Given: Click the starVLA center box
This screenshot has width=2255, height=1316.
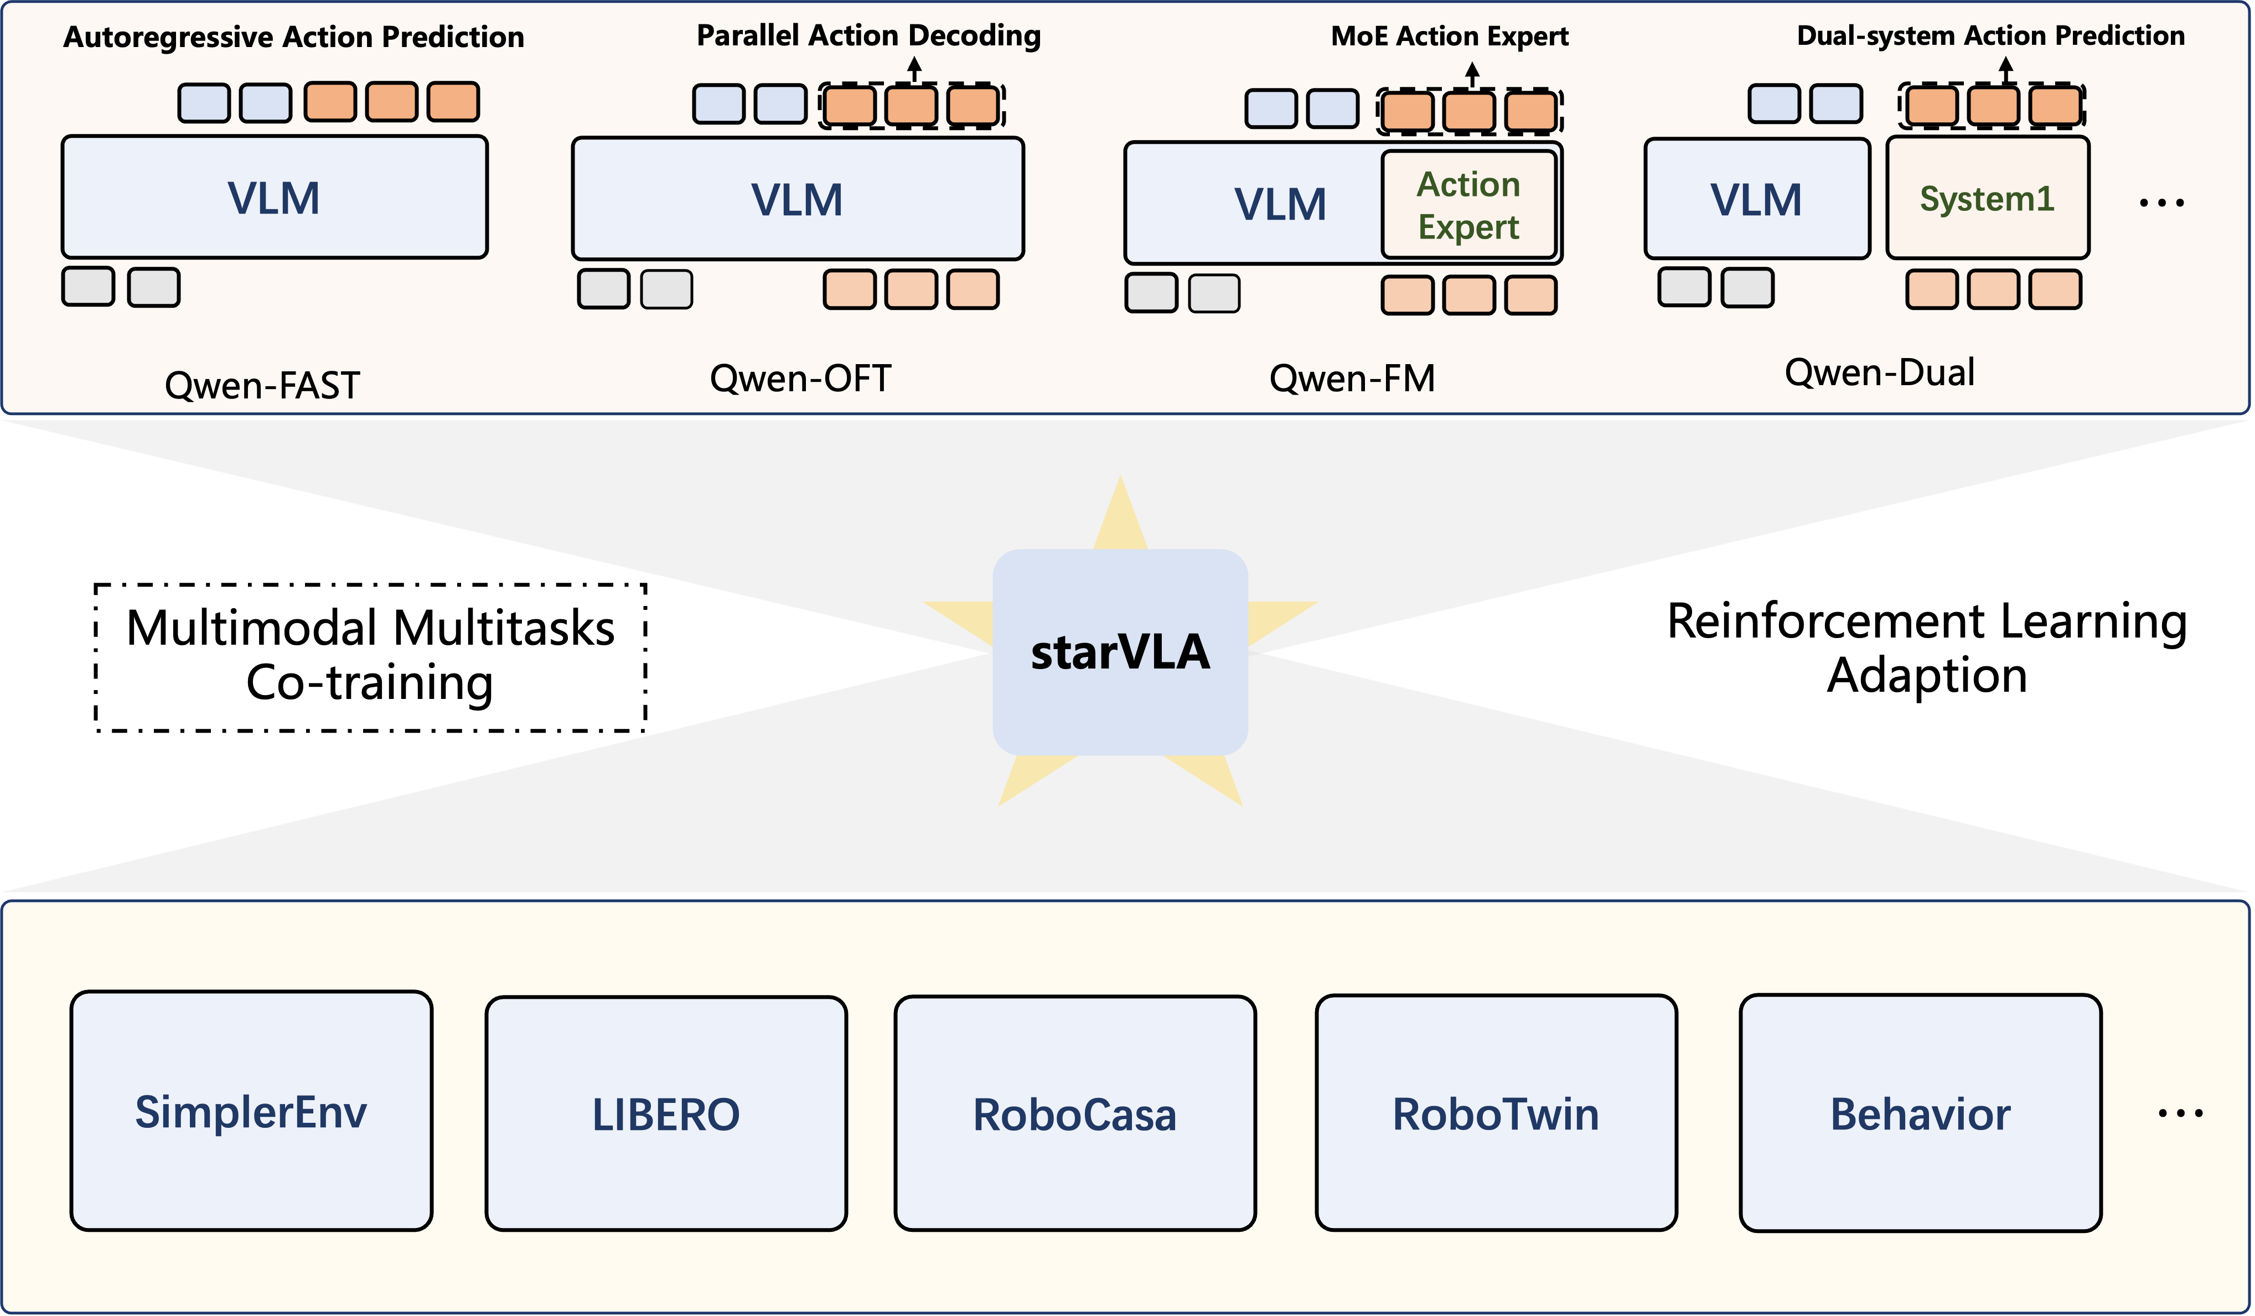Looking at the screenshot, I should pos(1120,652).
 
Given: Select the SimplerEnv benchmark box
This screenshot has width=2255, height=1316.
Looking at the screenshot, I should pos(251,1111).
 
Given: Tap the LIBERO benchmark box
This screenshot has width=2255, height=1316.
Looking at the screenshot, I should pos(666,1114).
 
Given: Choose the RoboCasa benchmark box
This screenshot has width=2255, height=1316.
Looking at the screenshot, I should pos(1075,1114).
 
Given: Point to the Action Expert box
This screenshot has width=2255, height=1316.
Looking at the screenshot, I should pos(1470,205).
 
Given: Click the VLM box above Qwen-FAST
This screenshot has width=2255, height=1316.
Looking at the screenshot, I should pos(275,198).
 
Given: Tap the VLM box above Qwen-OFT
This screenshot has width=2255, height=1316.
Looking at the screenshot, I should pos(797,199).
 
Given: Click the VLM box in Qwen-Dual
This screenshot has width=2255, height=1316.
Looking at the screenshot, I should pos(1757,199).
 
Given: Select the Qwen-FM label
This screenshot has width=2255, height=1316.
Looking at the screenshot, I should pos(1352,379).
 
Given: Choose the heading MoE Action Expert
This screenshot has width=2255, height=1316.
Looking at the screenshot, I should pos(1450,36).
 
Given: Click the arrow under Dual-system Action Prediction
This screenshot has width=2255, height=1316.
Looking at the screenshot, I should pos(2006,70).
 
